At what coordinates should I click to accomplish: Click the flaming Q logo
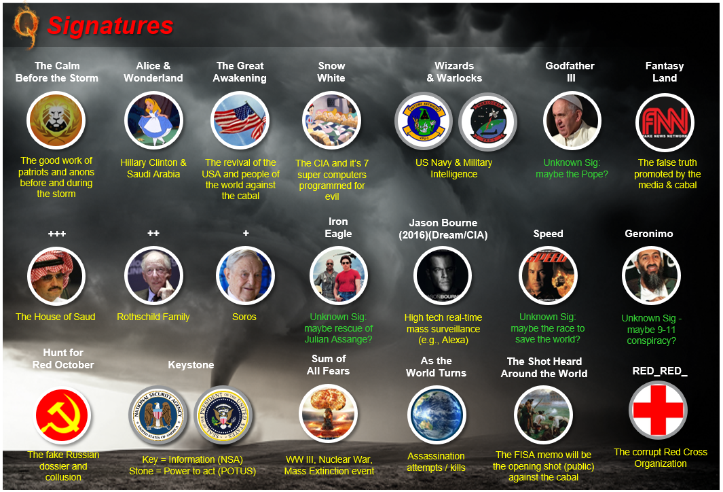[25, 26]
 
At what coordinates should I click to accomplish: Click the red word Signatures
[111, 25]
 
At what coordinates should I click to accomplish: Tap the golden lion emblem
[56, 120]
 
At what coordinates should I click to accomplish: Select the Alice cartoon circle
[153, 120]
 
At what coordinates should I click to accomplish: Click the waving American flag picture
[240, 120]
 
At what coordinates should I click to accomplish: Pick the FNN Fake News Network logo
[665, 122]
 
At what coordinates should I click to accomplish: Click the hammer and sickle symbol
[63, 415]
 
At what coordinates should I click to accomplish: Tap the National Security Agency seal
[158, 415]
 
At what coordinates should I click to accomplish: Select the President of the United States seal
[223, 415]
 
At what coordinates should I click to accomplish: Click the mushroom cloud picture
[329, 414]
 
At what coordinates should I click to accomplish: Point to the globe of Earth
[437, 415]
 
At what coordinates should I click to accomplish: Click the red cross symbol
[658, 410]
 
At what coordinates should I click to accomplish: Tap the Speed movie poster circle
[548, 275]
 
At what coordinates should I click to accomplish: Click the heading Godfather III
[570, 71]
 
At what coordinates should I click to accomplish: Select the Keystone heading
[191, 365]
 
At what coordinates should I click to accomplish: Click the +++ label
[57, 234]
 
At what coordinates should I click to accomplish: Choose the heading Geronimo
[649, 234]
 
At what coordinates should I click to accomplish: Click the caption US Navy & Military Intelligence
[454, 168]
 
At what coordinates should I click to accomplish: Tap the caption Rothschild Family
[153, 317]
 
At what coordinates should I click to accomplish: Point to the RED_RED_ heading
[660, 371]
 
